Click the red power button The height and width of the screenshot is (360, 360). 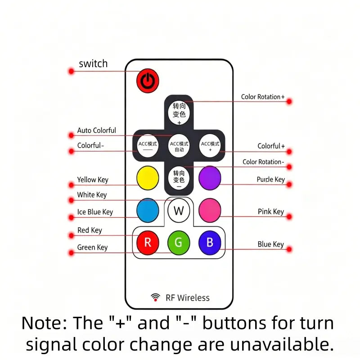148,81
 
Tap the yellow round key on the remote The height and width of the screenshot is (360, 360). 148,178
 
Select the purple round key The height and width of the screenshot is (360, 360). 210,178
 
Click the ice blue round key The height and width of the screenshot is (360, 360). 148,210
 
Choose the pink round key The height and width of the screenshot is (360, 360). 210,210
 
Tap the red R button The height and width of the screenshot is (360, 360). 148,243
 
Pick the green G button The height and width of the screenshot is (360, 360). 179,243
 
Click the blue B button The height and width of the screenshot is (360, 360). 210,243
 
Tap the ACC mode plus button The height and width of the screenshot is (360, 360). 210,146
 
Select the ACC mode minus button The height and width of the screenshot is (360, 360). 148,146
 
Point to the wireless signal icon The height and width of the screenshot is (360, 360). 155,297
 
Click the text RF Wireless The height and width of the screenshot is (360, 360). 188,298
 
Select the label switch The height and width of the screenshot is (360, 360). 93,63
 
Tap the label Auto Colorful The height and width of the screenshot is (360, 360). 97,130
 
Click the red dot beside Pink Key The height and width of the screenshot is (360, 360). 289,216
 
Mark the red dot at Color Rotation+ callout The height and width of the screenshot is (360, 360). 289,101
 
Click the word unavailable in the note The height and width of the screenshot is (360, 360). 282,344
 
